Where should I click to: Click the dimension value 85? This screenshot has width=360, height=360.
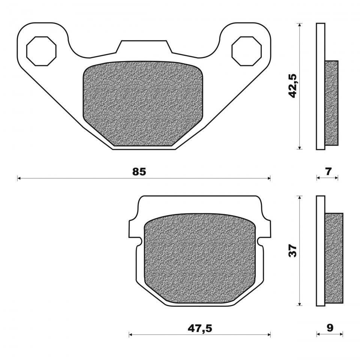tap(139, 172)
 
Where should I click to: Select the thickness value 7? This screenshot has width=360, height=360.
tap(328, 172)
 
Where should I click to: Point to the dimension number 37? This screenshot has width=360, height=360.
tap(293, 250)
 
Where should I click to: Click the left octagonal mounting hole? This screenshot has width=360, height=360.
tap(41, 51)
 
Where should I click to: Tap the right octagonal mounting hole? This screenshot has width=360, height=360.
tap(246, 51)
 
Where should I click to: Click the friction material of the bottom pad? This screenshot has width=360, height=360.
tap(199, 259)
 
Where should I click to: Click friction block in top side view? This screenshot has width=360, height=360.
tap(331, 103)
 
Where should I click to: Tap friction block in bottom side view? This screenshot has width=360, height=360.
tap(334, 258)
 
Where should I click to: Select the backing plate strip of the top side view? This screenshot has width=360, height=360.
tap(320, 86)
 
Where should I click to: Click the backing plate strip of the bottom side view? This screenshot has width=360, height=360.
tap(321, 250)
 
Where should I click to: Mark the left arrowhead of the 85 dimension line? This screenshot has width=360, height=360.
tap(19, 178)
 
